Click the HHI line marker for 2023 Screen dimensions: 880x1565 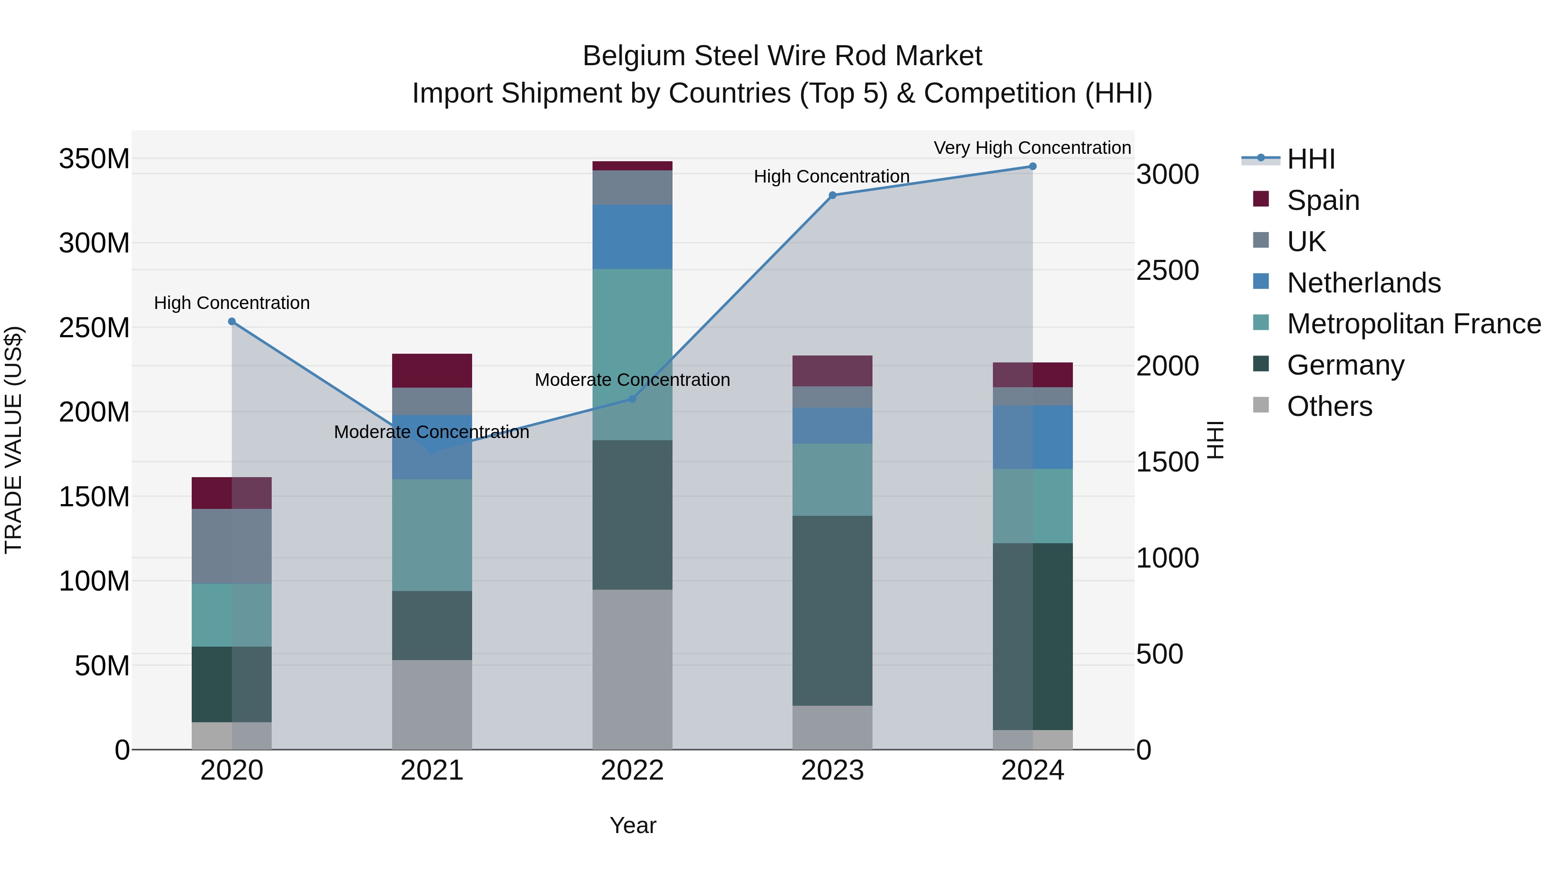tap(832, 195)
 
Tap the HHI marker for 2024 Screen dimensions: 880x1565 tap(1032, 166)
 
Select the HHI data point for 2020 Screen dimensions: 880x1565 tap(231, 321)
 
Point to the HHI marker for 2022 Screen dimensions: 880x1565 tap(632, 399)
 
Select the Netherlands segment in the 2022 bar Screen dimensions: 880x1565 tap(632, 236)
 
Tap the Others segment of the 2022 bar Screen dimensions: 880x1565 tap(632, 669)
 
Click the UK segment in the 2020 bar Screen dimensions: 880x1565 tap(231, 546)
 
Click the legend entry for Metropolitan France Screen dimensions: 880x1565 tap(1414, 324)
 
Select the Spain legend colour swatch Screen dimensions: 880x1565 tap(1261, 199)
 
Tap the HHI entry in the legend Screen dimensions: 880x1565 tap(1310, 159)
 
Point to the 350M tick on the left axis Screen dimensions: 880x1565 tap(94, 159)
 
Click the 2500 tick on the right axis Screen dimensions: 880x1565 tap(1167, 270)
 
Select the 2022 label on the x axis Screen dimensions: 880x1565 tap(632, 770)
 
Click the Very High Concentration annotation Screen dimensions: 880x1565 tap(1032, 148)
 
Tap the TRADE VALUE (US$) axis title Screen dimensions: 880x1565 tap(13, 440)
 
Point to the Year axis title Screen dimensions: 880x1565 tap(633, 825)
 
